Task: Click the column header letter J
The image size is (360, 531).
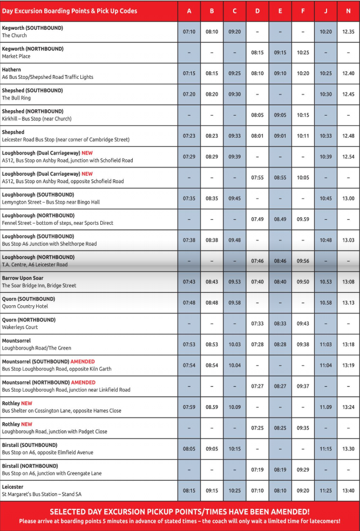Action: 325,11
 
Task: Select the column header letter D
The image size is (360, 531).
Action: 257,11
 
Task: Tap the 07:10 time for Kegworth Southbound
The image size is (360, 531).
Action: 189,32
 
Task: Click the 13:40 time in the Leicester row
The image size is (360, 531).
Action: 348,490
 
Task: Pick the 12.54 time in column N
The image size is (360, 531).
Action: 348,157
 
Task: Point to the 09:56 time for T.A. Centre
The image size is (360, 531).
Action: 303,261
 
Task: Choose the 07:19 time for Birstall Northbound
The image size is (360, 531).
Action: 257,469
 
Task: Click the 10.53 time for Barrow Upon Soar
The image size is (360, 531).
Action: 325,281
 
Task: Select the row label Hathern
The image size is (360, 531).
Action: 12,70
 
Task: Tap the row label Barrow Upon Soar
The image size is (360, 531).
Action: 23,278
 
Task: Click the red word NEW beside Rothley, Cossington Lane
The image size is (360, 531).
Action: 26,404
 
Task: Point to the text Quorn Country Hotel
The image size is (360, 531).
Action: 24,306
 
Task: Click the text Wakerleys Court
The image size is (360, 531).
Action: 20,327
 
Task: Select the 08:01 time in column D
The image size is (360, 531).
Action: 257,136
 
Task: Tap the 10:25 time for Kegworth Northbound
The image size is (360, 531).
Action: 303,52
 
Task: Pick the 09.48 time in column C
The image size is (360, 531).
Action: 235,240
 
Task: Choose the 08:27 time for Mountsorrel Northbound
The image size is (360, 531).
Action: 280,386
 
